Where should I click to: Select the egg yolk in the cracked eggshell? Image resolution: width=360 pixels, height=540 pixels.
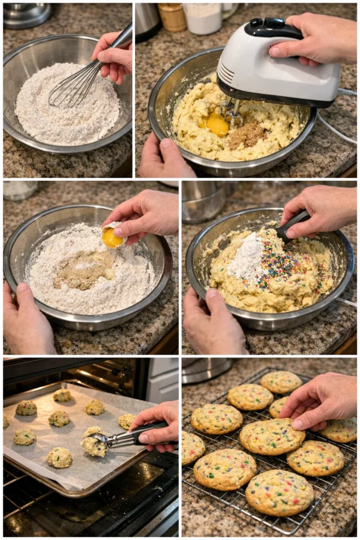pyautogui.click(x=111, y=238)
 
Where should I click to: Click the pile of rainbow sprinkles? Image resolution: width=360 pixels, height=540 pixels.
pyautogui.click(x=285, y=264)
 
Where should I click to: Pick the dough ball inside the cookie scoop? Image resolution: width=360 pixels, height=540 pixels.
pyautogui.click(x=94, y=446)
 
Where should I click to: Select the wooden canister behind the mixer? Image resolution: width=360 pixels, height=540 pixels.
pyautogui.click(x=172, y=17)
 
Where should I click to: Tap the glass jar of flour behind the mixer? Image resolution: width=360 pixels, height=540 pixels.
pyautogui.click(x=202, y=19)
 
